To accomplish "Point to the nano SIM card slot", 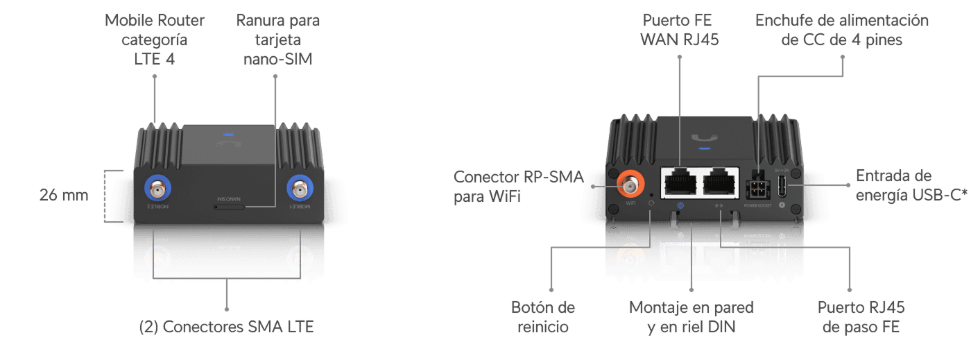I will point(230,206).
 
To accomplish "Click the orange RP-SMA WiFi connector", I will point(630,184).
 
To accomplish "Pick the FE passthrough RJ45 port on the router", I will point(721,184).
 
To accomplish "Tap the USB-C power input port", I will point(782,185).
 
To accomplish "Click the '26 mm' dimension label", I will point(64,196).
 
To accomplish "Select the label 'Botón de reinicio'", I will point(543,316).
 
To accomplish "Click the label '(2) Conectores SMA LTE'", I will point(227,326).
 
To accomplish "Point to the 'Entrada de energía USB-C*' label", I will point(911,185).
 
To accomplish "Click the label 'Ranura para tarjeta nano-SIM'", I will point(277,40).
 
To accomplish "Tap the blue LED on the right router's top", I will point(705,147).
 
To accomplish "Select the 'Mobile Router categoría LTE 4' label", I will point(154,40).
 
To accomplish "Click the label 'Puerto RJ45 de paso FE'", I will point(861,316).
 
